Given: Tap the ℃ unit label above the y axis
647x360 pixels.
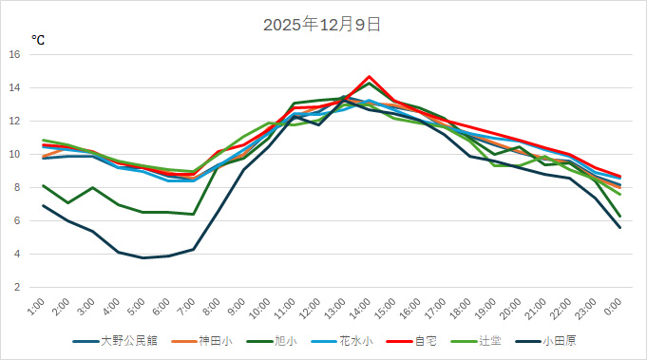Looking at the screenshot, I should pyautogui.click(x=38, y=40).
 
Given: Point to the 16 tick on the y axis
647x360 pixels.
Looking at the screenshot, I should pyautogui.click(x=14, y=54).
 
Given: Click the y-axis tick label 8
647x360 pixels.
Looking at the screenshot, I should pyautogui.click(x=17, y=187).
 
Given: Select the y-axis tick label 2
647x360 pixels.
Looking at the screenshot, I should pyautogui.click(x=17, y=287).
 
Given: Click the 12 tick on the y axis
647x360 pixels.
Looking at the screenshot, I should pyautogui.click(x=14, y=121).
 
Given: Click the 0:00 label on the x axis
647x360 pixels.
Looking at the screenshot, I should pyautogui.click(x=614, y=308).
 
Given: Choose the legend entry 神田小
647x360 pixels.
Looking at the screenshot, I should pyautogui.click(x=208, y=340).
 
